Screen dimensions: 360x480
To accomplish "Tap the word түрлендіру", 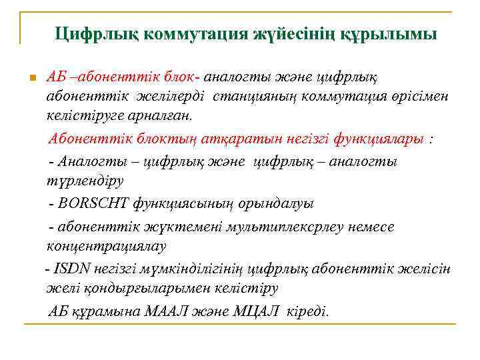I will click(x=85, y=179).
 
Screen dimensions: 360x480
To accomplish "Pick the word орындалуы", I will click(x=281, y=203).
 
